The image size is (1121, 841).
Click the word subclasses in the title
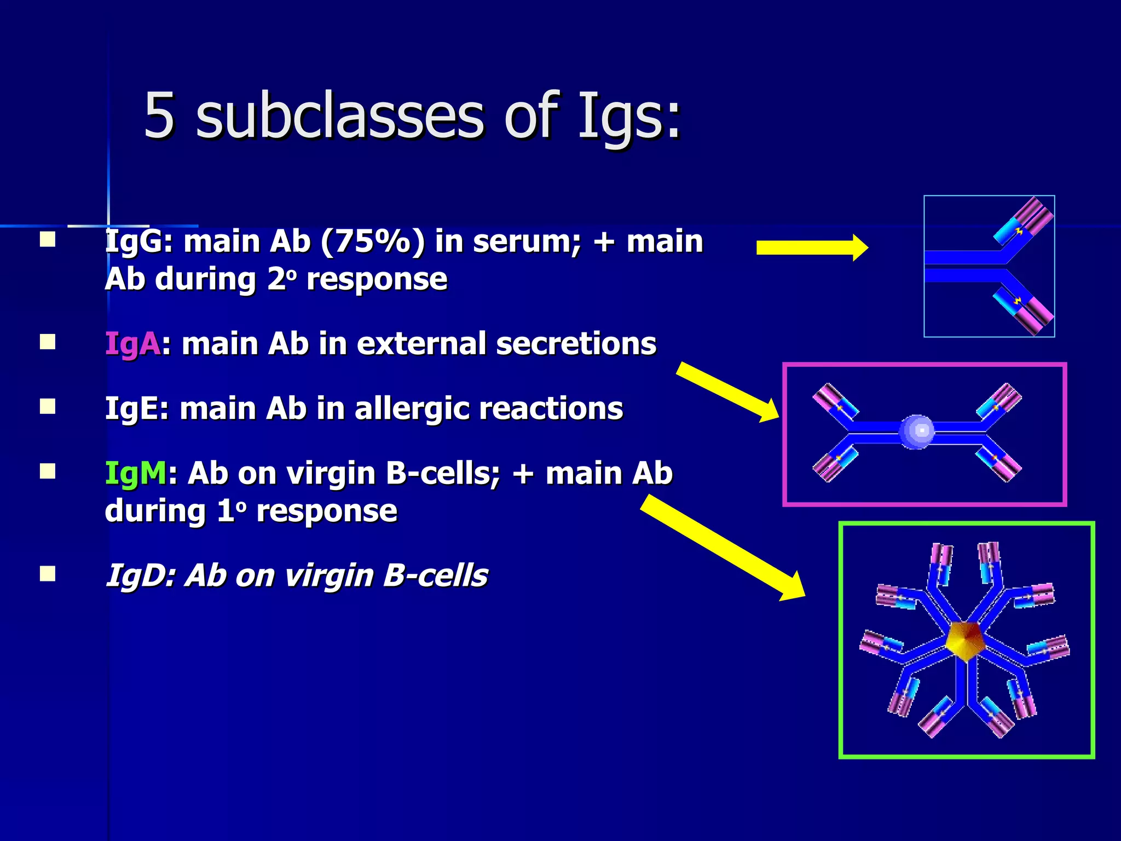click(339, 116)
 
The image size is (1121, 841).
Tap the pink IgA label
click(132, 344)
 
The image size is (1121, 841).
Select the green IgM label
click(135, 474)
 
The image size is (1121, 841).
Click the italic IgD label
click(138, 576)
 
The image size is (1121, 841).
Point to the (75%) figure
click(373, 241)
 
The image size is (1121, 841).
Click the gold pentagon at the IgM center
click(964, 641)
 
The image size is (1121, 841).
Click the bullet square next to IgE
click(48, 407)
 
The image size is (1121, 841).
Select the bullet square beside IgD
click(48, 574)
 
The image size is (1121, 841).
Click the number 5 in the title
click(159, 116)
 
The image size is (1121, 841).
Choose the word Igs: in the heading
click(629, 116)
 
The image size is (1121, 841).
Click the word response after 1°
click(327, 511)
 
